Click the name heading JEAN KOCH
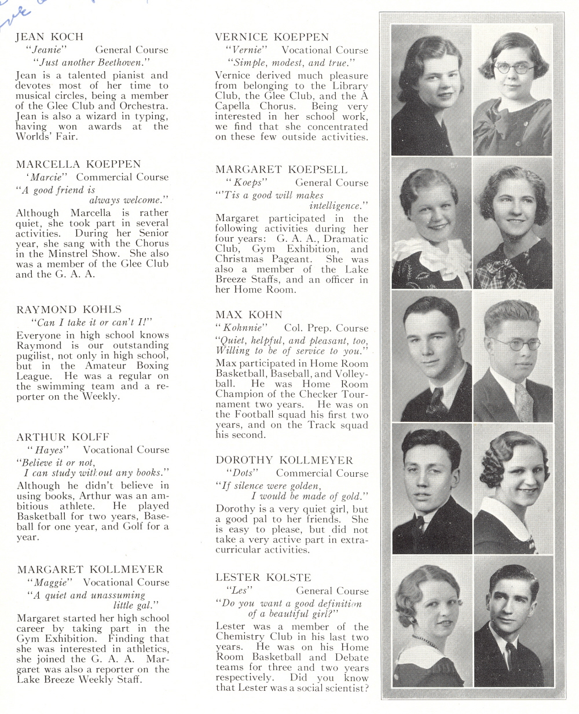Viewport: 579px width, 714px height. click(x=49, y=37)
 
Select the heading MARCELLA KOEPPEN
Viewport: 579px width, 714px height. click(x=78, y=164)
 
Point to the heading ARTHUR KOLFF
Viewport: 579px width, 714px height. click(x=63, y=437)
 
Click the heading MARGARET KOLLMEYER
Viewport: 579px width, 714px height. click(x=90, y=569)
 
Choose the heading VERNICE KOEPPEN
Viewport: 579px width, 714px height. click(x=272, y=37)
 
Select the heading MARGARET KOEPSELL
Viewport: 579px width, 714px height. click(x=282, y=170)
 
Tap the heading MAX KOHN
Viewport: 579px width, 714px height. click(x=249, y=315)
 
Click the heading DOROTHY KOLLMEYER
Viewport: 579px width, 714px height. click(x=284, y=460)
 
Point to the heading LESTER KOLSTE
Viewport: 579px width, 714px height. click(x=263, y=577)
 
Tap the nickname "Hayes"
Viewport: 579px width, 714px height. click(x=49, y=450)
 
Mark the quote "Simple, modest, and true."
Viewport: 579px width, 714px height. click(x=290, y=62)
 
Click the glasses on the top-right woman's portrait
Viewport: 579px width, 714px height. click(x=514, y=68)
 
